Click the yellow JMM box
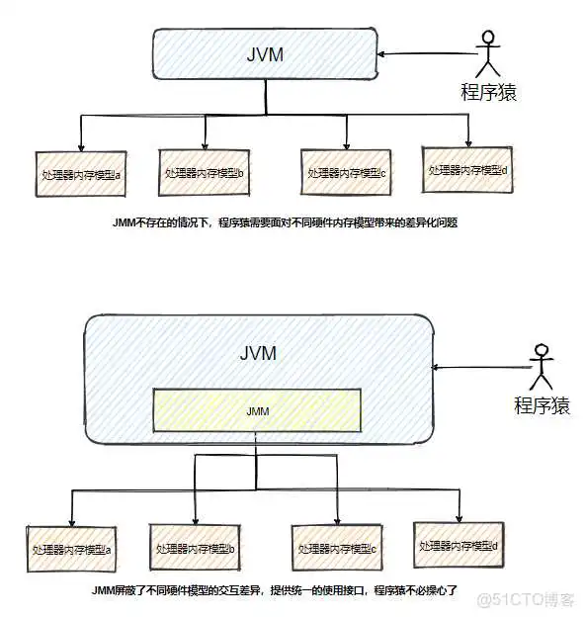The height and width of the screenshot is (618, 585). (x=256, y=409)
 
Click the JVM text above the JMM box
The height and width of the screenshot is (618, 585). (x=258, y=353)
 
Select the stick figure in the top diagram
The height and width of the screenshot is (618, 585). (x=485, y=53)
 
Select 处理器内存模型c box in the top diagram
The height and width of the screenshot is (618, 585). (x=346, y=172)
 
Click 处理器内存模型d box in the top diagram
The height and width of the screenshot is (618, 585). (x=467, y=169)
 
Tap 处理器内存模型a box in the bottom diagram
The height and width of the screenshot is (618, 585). (x=71, y=549)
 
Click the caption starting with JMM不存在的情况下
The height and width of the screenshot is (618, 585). (x=286, y=223)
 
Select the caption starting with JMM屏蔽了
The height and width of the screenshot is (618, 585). (x=273, y=589)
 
